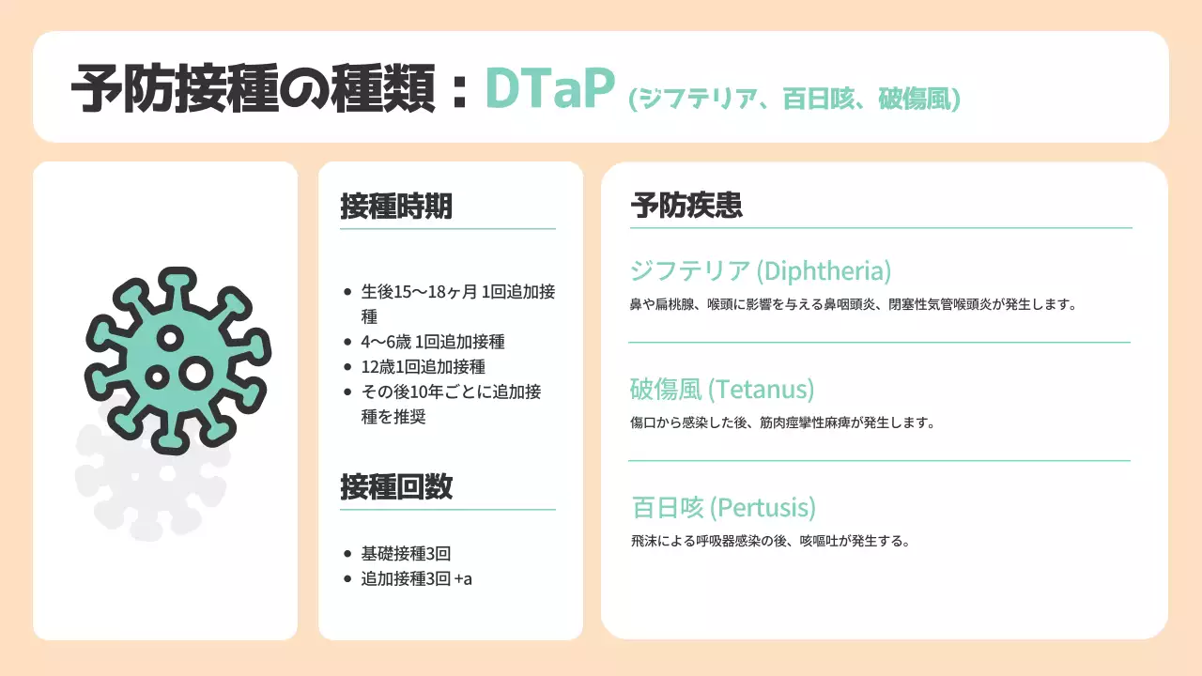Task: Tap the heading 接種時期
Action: tap(395, 207)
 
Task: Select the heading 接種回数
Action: tap(395, 486)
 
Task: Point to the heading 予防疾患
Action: tap(686, 207)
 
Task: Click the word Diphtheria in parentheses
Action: tap(825, 271)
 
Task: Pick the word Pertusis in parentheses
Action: tap(763, 508)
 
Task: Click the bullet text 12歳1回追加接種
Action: tap(423, 366)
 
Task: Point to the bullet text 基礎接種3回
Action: tap(406, 553)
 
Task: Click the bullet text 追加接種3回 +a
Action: tap(416, 578)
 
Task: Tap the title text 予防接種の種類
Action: tap(254, 91)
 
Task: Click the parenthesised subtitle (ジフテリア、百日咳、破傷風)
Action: tap(794, 99)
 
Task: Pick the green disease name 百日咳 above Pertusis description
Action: tap(667, 508)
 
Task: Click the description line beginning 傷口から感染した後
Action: tap(782, 422)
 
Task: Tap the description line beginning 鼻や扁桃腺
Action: tap(852, 304)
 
